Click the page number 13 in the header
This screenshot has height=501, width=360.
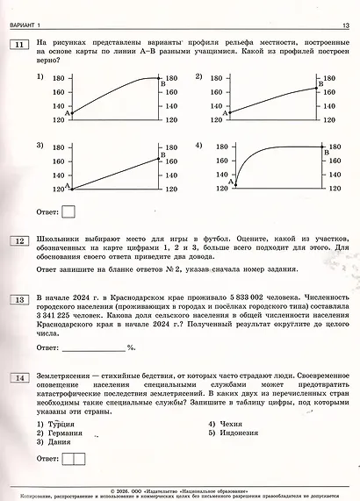pyautogui.click(x=345, y=25)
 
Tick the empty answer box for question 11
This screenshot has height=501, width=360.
pyautogui.click(x=69, y=211)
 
